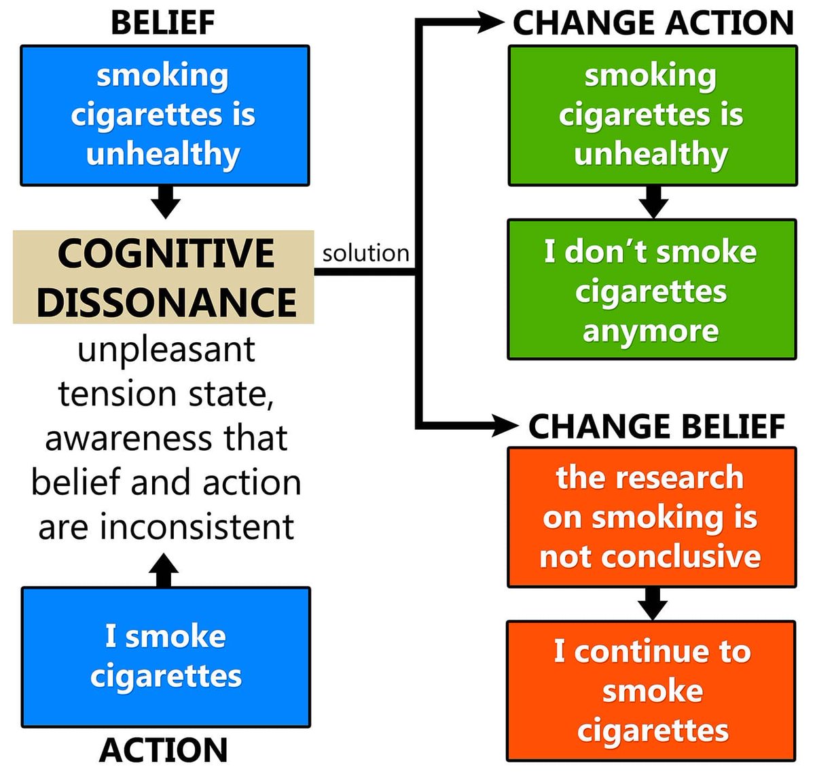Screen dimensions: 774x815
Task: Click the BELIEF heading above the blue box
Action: tap(163, 22)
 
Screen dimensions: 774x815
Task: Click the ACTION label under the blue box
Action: tap(163, 750)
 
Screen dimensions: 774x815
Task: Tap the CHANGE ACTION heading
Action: tap(653, 22)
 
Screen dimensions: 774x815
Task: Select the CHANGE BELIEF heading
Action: tap(657, 426)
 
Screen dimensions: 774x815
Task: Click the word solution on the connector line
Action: tap(365, 253)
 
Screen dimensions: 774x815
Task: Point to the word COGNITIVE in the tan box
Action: tap(166, 253)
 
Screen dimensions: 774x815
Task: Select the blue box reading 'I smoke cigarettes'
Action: tap(166, 657)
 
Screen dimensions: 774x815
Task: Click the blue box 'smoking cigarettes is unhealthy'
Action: tap(165, 115)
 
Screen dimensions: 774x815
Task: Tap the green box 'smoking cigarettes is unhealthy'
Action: tap(653, 115)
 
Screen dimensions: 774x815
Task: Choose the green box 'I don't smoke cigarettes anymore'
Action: tap(652, 290)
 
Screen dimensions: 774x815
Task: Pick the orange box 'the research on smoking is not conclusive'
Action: tap(651, 517)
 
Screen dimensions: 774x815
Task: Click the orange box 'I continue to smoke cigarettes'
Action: tap(651, 690)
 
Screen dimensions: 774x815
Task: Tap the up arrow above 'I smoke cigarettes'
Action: tap(164, 570)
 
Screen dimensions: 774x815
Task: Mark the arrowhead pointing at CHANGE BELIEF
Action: tap(503, 426)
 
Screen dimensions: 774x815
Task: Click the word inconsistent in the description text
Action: tap(197, 527)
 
